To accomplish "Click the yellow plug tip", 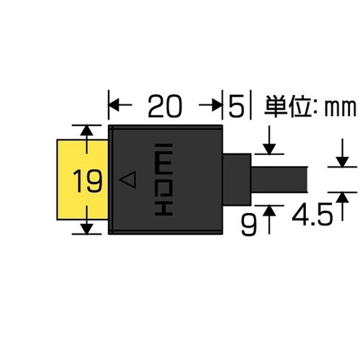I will pyautogui.click(x=72, y=155).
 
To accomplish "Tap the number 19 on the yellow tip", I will pyautogui.click(x=86, y=181).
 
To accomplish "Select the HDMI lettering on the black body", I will pyautogui.click(x=163, y=180).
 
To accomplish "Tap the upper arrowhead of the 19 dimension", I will pyautogui.click(x=87, y=130).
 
